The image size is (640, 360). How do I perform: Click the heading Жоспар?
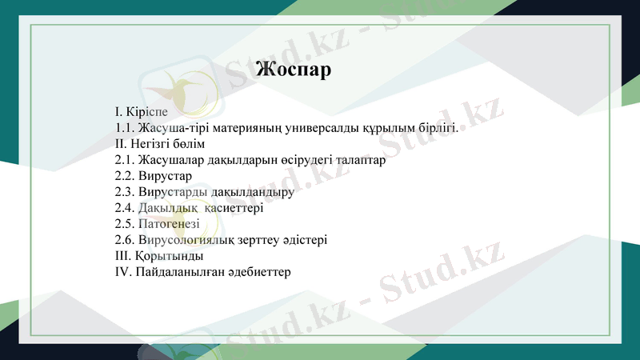click(293, 70)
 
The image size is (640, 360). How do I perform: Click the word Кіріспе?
click(147, 112)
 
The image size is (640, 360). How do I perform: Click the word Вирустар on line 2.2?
click(165, 176)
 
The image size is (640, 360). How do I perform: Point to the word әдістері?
click(304, 240)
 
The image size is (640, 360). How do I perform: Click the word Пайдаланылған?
click(179, 272)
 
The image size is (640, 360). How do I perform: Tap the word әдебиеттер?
click(258, 272)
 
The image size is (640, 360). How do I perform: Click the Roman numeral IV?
click(122, 272)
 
